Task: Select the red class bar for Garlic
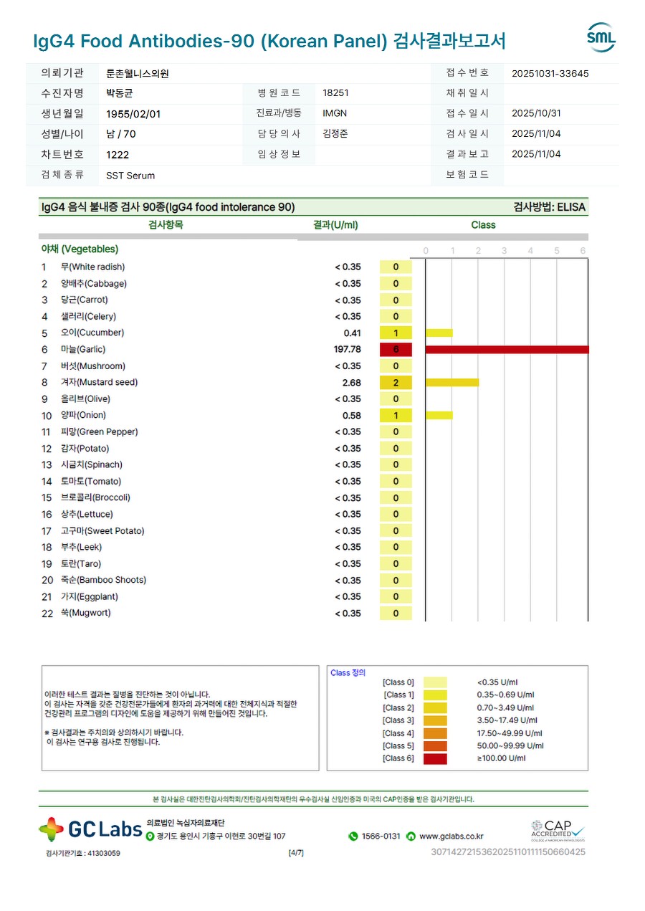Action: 507,349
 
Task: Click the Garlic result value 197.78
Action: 347,349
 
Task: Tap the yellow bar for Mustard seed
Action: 451,382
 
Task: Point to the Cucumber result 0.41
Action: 352,333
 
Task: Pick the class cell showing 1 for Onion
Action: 396,416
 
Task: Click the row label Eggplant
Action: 90,596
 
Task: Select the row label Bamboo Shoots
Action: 103,580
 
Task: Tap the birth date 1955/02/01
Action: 133,113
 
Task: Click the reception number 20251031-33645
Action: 550,73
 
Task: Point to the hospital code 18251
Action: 336,93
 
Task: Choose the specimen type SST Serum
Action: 130,175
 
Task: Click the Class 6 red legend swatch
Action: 435,758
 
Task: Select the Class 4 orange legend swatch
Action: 435,733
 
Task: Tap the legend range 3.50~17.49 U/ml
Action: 505,720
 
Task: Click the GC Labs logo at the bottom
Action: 90,829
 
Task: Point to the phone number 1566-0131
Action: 381,836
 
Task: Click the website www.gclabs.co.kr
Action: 451,836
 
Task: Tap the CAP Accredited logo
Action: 558,831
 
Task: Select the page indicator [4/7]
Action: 295,853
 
